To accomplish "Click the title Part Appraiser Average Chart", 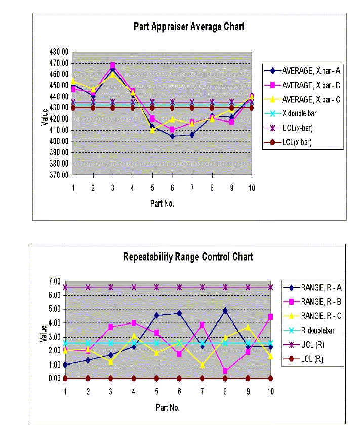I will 188,27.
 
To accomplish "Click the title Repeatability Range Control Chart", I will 188,257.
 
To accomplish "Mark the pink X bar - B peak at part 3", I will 112,66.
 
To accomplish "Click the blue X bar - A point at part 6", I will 172,136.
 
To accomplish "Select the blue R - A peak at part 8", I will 225,310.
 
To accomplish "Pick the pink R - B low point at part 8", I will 225,371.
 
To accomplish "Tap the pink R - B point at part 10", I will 270,317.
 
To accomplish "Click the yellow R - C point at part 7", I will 202,365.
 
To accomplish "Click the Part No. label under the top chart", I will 163,204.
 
